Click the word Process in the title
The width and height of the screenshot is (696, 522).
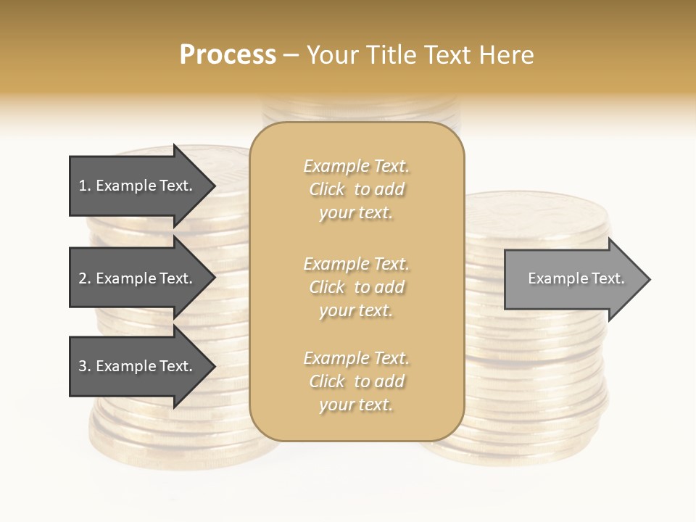coord(228,55)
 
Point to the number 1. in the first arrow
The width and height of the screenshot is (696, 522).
coord(85,186)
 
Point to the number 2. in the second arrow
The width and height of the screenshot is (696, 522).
coord(85,278)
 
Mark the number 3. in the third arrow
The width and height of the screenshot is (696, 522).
coord(85,366)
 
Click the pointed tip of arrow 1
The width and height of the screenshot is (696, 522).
coord(213,186)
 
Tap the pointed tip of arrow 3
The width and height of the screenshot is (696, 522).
coord(213,366)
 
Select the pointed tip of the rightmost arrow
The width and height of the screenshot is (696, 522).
coord(648,279)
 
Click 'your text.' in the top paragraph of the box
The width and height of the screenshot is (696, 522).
coord(356,213)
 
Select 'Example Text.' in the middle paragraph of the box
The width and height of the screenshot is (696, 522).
coord(356,264)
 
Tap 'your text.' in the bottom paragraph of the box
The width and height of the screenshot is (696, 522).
coord(356,405)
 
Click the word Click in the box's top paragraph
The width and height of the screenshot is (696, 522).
coord(327,190)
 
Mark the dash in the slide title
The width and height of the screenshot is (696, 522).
coord(291,56)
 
